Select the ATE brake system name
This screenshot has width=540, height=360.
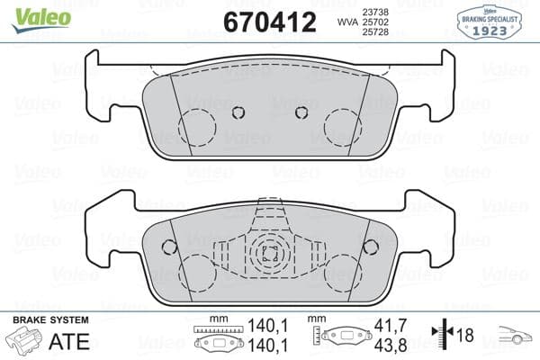(x=67, y=342)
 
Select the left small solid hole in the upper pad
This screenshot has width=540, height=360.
(x=238, y=112)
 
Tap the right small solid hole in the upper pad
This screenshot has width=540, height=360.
(x=302, y=112)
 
